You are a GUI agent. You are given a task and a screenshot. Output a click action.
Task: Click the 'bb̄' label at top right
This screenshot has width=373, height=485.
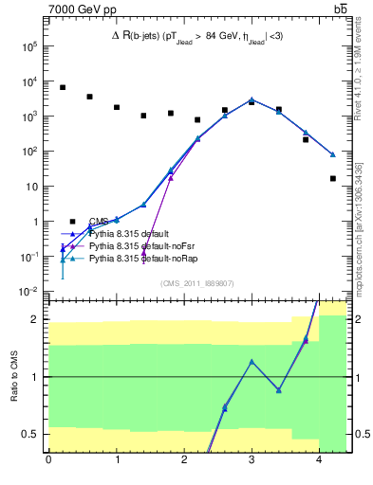point(340,10)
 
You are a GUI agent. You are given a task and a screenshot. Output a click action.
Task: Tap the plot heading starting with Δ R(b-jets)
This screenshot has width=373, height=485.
point(196,36)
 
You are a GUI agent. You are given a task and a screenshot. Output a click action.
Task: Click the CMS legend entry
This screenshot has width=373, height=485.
point(99,222)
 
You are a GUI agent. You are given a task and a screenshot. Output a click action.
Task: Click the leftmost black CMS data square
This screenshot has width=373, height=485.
point(63,87)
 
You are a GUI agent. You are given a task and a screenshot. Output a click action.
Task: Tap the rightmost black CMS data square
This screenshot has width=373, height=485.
point(333,178)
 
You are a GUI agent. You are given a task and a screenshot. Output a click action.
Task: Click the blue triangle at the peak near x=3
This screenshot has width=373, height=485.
point(252,99)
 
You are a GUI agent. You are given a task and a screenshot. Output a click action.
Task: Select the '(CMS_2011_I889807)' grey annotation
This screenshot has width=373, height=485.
point(196,282)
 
